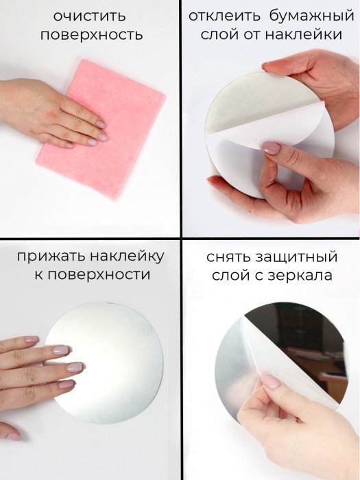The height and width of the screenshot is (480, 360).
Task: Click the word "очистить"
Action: (90, 16)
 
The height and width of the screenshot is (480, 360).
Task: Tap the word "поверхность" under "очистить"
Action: (92, 35)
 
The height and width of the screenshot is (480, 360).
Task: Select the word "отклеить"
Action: (224, 16)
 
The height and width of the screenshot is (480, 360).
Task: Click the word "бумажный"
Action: (312, 17)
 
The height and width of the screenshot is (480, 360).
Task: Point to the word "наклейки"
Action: (303, 34)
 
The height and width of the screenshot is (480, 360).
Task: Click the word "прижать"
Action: (52, 257)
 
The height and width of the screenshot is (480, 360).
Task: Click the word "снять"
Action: (230, 257)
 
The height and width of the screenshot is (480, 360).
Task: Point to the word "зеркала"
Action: (300, 275)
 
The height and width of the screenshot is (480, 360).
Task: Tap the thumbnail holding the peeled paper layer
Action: (271, 148)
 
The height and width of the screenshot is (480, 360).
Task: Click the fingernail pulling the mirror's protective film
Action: (269, 381)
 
